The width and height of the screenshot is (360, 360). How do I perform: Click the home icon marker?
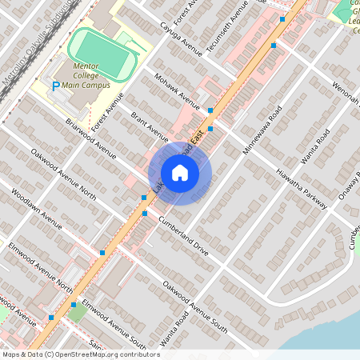(179, 172)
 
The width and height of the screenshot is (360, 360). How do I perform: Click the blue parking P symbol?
(54, 86)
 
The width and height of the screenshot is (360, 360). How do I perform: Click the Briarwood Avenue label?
(91, 136)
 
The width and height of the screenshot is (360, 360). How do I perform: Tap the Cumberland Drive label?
(184, 237)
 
